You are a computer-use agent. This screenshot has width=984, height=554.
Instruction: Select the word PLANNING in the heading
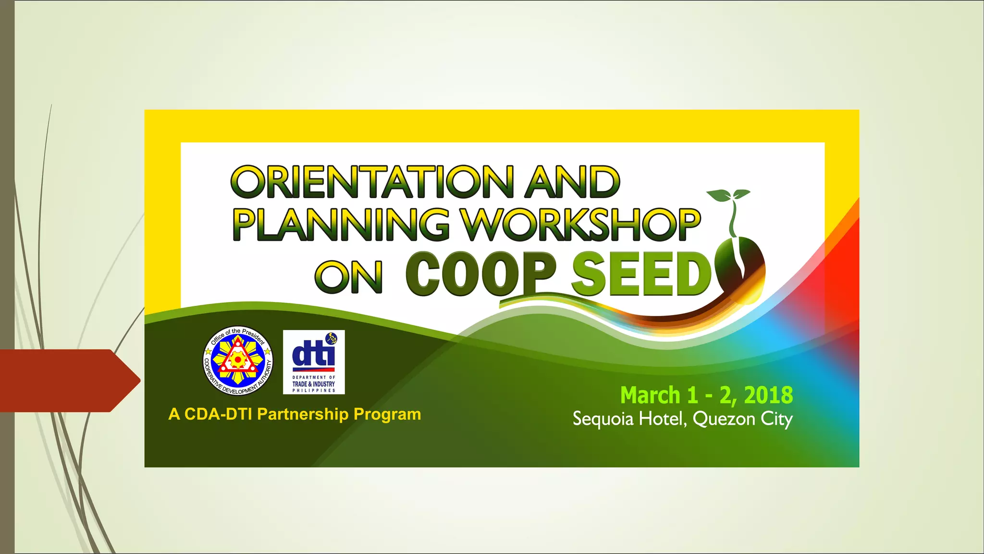point(341,224)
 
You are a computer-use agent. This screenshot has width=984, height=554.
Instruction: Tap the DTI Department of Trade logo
point(314,362)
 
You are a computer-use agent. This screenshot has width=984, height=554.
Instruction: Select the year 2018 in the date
point(768,395)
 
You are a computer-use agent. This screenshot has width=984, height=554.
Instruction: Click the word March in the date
point(650,395)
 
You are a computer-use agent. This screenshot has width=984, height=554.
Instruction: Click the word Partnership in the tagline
point(303,414)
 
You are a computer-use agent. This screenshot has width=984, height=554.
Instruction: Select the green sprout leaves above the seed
point(727,195)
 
